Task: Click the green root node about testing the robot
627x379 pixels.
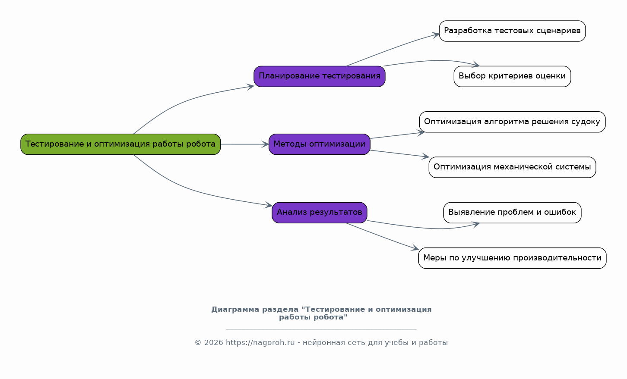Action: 120,144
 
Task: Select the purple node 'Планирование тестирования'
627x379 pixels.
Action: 319,76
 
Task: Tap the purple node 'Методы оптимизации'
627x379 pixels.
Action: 319,144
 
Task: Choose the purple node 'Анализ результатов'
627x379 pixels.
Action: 319,212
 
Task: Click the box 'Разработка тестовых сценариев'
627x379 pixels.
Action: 512,31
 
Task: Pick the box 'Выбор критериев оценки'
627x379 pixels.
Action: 512,76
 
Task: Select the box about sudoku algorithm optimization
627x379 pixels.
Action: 512,122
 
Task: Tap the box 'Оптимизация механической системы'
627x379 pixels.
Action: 512,167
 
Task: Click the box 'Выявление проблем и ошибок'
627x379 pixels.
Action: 512,212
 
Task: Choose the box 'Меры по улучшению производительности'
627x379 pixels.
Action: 512,258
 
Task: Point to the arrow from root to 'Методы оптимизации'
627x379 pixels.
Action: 244,144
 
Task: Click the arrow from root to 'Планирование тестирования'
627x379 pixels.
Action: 181,102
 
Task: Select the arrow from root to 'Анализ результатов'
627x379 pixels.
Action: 181,186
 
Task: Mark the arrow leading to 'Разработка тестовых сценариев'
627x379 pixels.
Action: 393,49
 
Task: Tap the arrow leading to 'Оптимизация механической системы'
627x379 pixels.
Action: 399,154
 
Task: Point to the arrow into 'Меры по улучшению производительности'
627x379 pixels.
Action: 382,236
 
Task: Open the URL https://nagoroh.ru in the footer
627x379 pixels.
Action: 260,343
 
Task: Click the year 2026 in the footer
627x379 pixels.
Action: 213,343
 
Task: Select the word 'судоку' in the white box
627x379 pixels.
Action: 587,122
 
